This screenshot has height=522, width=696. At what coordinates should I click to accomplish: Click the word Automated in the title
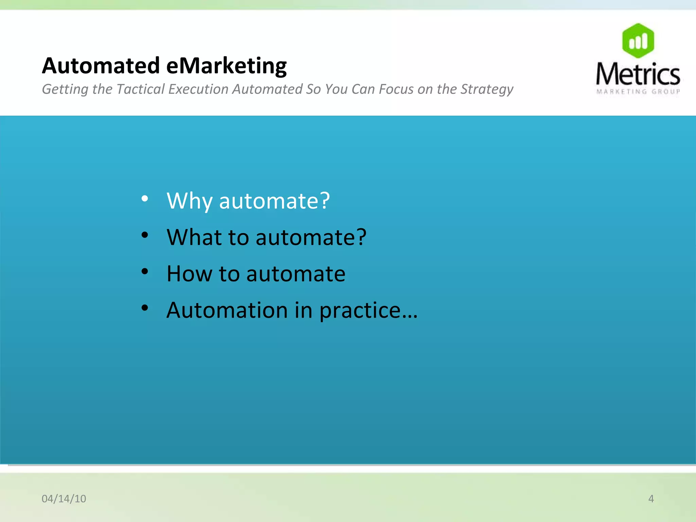(x=101, y=66)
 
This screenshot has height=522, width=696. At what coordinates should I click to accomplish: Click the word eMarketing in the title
(x=227, y=66)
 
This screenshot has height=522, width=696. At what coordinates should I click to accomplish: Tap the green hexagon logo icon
(x=638, y=41)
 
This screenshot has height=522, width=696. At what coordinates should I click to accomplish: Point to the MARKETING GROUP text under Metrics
(x=638, y=91)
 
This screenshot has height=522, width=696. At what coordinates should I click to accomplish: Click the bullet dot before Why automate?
(x=145, y=199)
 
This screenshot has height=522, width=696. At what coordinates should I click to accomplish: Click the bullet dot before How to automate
(x=145, y=272)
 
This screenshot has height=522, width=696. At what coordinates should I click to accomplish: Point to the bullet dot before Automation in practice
(x=145, y=308)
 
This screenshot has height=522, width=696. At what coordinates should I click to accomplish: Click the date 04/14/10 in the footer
(x=64, y=499)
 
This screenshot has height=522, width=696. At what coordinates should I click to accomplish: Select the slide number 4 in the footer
(x=651, y=499)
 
